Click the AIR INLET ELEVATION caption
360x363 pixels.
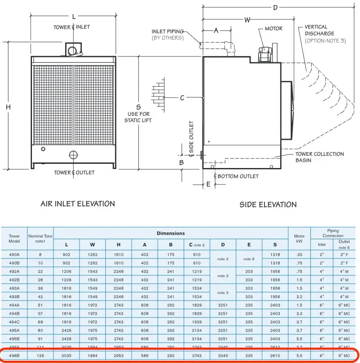click(77, 204)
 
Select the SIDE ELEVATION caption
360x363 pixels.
click(268, 205)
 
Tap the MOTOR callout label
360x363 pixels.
click(273, 29)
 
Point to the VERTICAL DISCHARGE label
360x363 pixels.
click(320, 30)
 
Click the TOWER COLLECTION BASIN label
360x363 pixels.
click(319, 157)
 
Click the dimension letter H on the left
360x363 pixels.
click(8, 107)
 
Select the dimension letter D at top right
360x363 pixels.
click(275, 8)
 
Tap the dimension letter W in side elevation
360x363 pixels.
click(247, 19)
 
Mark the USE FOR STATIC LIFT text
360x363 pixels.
click(138, 117)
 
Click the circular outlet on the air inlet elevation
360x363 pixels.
click(74, 155)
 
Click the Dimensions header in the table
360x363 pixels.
click(171, 233)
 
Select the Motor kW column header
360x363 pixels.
click(299, 239)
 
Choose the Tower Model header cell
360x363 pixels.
click(14, 239)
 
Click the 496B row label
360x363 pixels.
click(14, 356)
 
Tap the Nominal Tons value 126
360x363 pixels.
click(40, 356)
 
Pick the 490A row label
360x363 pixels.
click(14, 254)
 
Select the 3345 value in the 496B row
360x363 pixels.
click(223, 356)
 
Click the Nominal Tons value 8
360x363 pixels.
click(40, 254)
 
